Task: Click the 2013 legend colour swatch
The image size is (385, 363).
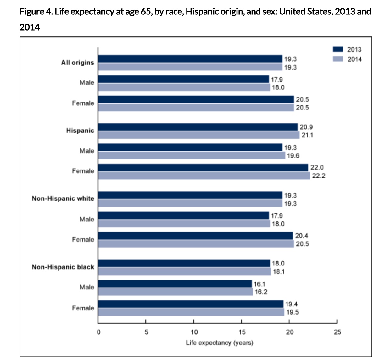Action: (338, 49)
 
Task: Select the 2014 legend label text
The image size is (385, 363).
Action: (354, 59)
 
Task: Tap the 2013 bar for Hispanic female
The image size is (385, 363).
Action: (203, 168)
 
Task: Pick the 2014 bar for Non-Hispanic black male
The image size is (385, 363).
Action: (175, 292)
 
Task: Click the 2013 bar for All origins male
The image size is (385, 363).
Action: (183, 79)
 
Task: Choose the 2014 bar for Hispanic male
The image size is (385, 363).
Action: (192, 155)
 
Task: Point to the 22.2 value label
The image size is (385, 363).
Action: (318, 176)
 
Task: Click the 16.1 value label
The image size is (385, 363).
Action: (259, 284)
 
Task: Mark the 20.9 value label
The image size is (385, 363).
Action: (306, 127)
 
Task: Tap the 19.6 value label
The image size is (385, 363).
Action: (293, 156)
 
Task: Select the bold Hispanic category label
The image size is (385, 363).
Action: (80, 131)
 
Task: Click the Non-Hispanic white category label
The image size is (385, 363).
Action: (63, 198)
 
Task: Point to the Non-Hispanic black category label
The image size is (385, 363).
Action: (63, 267)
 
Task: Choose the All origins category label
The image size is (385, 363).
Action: (77, 63)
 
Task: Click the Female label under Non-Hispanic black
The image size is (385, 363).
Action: (83, 308)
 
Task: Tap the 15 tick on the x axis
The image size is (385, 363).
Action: (242, 332)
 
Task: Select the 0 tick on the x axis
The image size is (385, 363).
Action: (98, 332)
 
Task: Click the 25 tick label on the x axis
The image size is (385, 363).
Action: (337, 332)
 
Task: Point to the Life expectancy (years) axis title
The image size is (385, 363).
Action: (219, 343)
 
